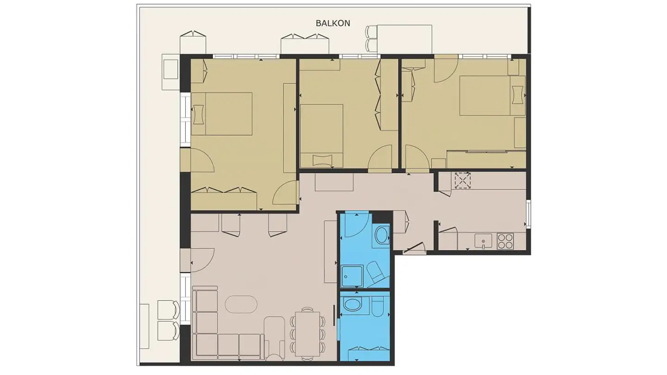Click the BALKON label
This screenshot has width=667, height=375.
(x=333, y=23)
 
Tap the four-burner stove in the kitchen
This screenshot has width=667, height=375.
(x=505, y=241)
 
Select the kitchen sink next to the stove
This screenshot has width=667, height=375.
(x=483, y=241)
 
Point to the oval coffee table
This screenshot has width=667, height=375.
(x=241, y=304)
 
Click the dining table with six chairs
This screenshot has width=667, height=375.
(x=307, y=334)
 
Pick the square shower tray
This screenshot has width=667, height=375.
(x=352, y=276)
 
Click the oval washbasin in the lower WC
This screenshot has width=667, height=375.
(x=352, y=305)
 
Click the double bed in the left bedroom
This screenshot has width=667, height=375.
(x=221, y=114)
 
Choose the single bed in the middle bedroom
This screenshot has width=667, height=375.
(x=321, y=136)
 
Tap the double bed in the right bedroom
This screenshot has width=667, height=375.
(x=492, y=95)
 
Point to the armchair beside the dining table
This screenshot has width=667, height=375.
(x=274, y=338)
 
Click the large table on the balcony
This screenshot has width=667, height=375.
(x=404, y=39)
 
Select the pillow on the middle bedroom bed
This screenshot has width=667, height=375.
(x=322, y=160)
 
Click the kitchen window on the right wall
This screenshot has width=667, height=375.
(x=529, y=214)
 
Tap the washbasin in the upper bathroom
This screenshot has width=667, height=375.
(x=382, y=235)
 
